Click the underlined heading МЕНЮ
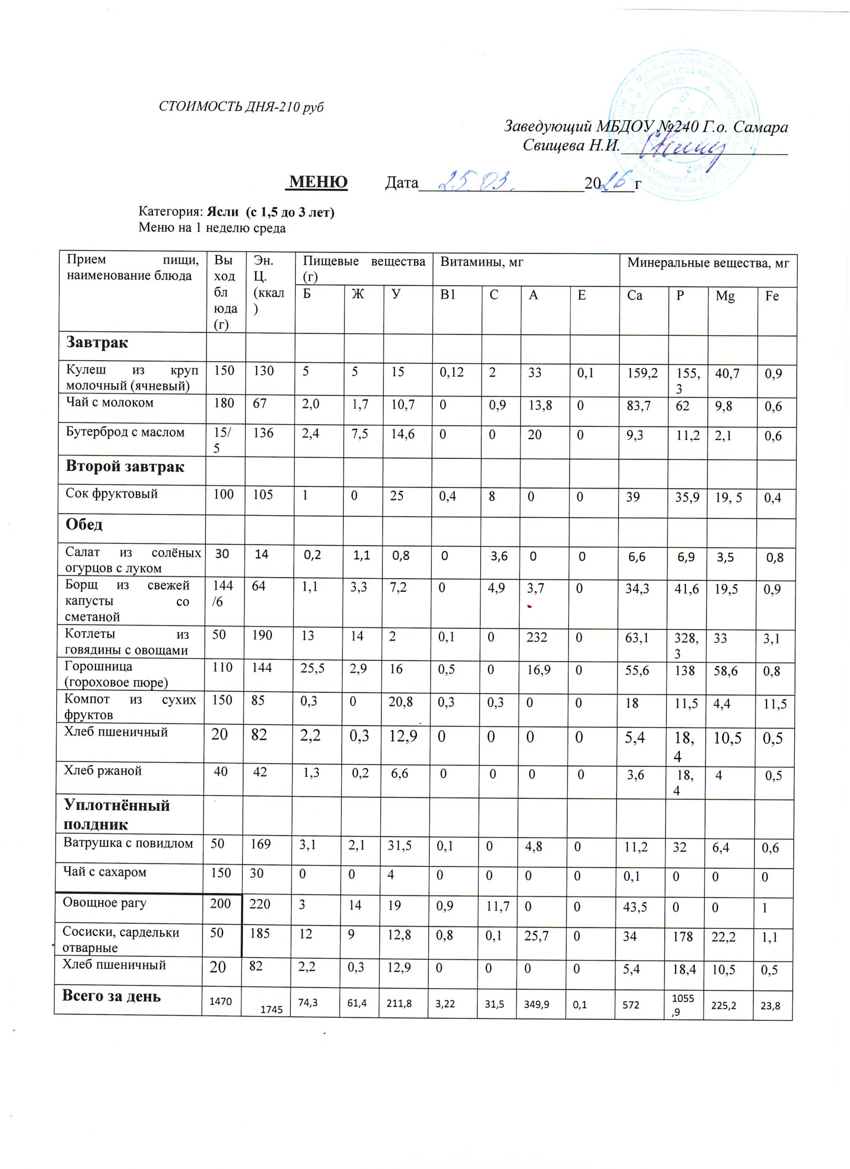point(318,182)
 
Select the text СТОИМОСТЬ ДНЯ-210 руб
point(241,107)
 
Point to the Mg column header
point(725,297)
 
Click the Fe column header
point(771,297)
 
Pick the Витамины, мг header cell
point(482,263)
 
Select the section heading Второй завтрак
point(125,467)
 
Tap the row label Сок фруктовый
point(112,493)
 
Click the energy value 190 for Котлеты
point(262,635)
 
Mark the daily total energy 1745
point(272,1010)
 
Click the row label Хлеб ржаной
point(103,770)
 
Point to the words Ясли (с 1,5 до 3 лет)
point(270,212)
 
